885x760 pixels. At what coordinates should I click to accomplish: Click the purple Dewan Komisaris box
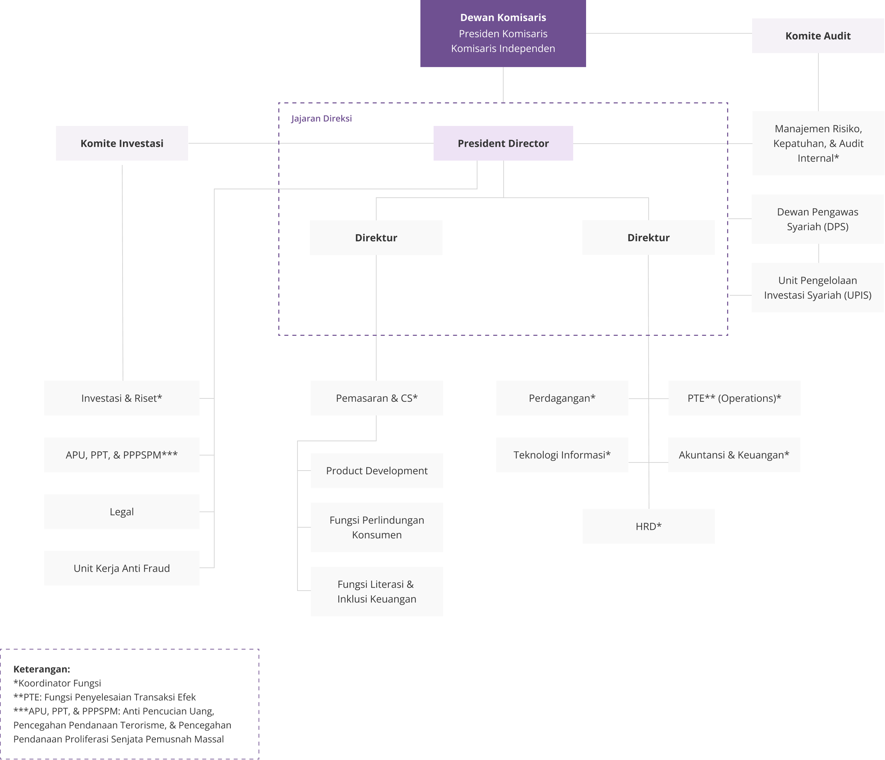coord(503,33)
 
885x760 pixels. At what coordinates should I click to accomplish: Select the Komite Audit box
coord(818,36)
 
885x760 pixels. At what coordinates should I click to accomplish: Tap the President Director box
coord(503,143)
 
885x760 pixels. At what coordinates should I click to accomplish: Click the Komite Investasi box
coord(122,143)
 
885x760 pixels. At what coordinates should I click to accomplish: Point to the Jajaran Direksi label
coord(322,118)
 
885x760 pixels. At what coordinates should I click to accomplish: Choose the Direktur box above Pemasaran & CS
coord(376,237)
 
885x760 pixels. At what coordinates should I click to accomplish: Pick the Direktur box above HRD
coord(648,237)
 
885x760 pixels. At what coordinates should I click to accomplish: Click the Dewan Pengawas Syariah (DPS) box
coord(818,219)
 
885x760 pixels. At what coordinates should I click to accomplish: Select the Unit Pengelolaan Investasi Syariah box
coord(818,288)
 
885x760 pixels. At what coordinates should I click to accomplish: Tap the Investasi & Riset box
coord(122,398)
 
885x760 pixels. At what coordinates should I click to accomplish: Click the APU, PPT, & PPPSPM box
coord(122,455)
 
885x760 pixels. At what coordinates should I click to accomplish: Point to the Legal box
coord(122,512)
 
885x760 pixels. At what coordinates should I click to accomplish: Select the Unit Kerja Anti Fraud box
coord(122,568)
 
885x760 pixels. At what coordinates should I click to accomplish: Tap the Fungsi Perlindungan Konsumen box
coord(377,527)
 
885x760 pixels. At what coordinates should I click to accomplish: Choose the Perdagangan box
coord(562,398)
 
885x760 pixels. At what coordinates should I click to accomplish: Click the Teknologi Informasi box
coord(562,455)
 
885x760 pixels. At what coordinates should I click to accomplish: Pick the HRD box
coord(648,526)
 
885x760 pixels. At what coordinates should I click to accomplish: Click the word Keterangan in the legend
coord(42,669)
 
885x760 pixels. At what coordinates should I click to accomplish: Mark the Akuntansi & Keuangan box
coord(734,455)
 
